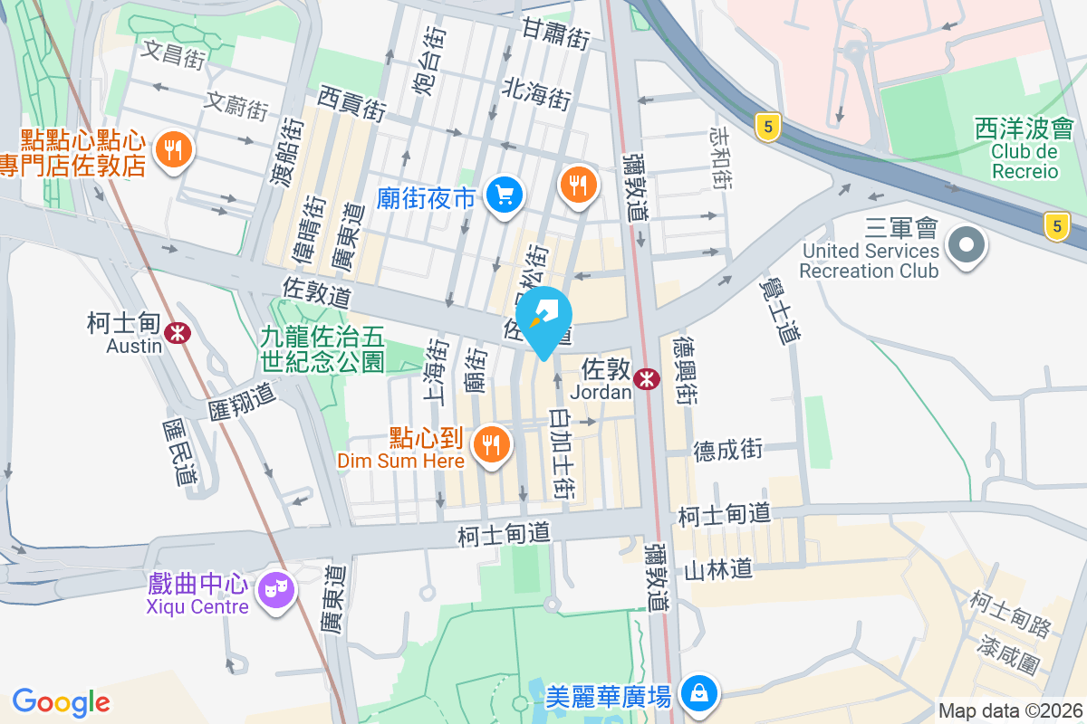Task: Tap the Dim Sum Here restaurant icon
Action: coord(492,444)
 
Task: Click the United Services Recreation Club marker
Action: coord(967,243)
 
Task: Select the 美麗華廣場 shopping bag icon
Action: coord(698,694)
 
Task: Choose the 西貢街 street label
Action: coord(352,103)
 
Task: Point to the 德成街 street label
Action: coord(728,449)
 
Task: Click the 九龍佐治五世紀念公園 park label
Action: coord(322,349)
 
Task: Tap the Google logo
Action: coord(62,701)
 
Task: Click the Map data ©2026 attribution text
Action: coord(1009,710)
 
